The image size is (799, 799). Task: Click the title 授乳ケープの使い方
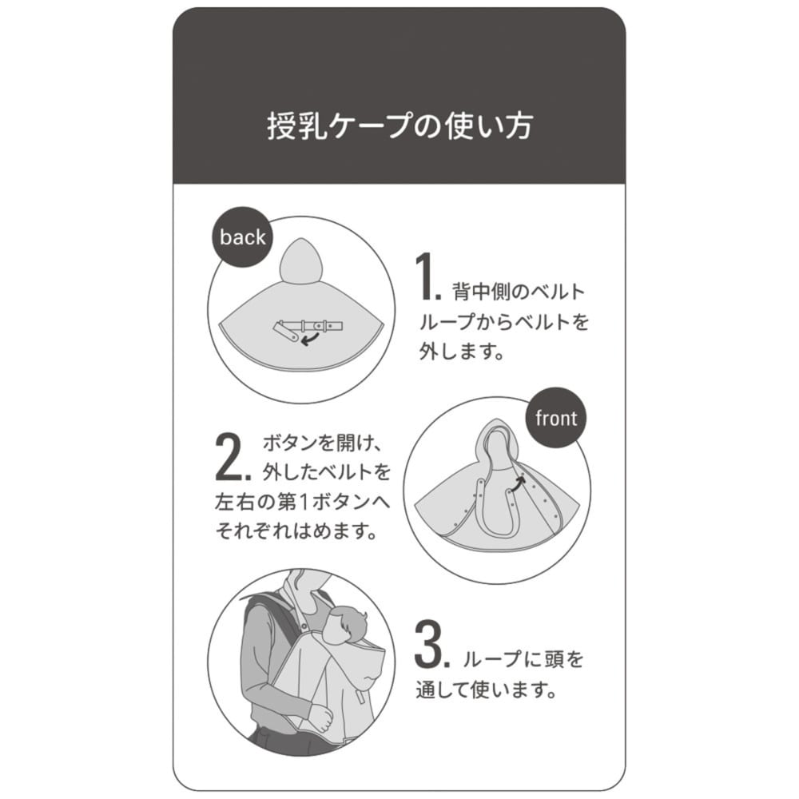pyautogui.click(x=399, y=127)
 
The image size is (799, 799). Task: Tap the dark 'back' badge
pyautogui.click(x=242, y=237)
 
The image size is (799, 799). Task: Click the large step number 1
pyautogui.click(x=427, y=277)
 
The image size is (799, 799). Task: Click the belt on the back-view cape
pyautogui.click(x=312, y=328)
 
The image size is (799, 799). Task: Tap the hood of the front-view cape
pyautogui.click(x=497, y=443)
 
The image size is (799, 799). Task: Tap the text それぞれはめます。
pyautogui.click(x=296, y=531)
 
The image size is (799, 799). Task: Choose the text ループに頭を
pyautogui.click(x=523, y=660)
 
